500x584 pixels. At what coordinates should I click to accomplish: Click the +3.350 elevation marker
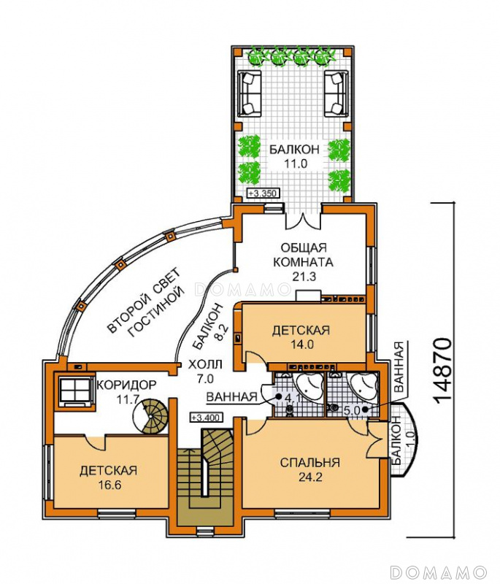[x=264, y=193]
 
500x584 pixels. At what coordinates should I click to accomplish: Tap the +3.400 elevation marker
[x=206, y=417]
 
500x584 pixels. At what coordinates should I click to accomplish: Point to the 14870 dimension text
[x=443, y=370]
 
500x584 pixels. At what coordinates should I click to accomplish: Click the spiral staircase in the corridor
[x=151, y=416]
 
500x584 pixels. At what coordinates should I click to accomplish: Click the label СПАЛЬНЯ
[x=309, y=463]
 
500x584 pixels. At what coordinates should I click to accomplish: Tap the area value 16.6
[x=108, y=485]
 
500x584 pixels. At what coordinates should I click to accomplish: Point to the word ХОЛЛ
[x=205, y=364]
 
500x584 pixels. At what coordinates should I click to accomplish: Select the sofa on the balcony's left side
[x=249, y=93]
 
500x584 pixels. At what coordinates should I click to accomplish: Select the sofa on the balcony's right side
[x=336, y=93]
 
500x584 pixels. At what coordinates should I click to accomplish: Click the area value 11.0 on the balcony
[x=294, y=164]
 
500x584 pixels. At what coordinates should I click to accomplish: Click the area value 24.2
[x=310, y=477]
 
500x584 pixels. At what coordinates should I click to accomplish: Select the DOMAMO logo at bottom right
[x=439, y=572]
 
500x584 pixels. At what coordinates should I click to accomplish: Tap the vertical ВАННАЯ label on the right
[x=399, y=368]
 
